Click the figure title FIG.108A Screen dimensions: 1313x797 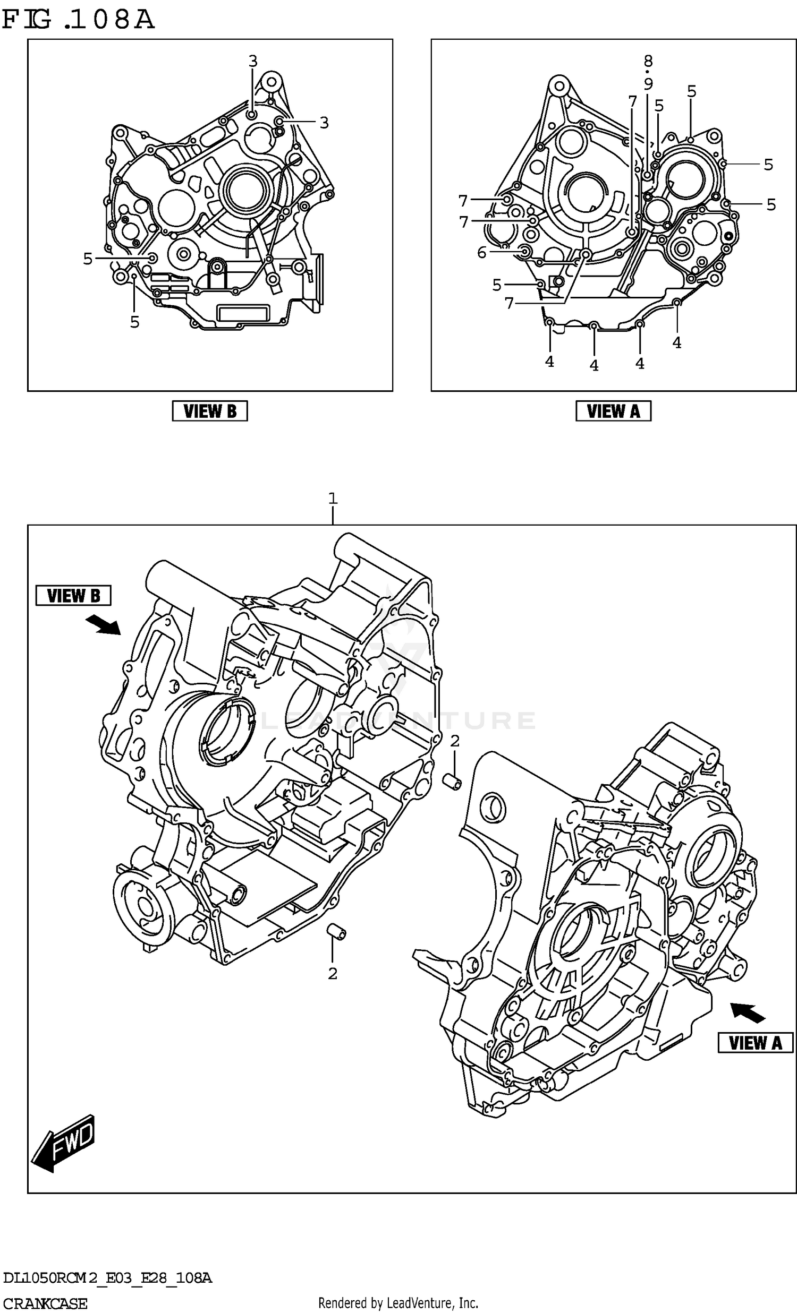(x=78, y=20)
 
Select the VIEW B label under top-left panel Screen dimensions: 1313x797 (x=209, y=411)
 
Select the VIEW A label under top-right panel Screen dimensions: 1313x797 (x=613, y=411)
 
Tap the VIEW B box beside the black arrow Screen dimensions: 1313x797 (x=73, y=595)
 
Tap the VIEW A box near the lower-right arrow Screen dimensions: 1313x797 (x=754, y=1042)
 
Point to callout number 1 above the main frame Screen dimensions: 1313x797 (x=333, y=499)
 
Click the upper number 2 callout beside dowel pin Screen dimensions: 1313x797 (x=454, y=741)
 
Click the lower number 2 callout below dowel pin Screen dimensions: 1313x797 (x=333, y=974)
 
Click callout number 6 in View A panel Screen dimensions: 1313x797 (x=482, y=253)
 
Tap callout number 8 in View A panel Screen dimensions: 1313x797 (x=648, y=61)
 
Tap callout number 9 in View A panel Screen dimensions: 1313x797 (x=648, y=84)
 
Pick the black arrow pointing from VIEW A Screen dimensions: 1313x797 (x=747, y=1011)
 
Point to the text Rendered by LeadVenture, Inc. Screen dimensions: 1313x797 (x=397, y=1303)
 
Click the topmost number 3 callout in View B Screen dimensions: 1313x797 (x=253, y=61)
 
